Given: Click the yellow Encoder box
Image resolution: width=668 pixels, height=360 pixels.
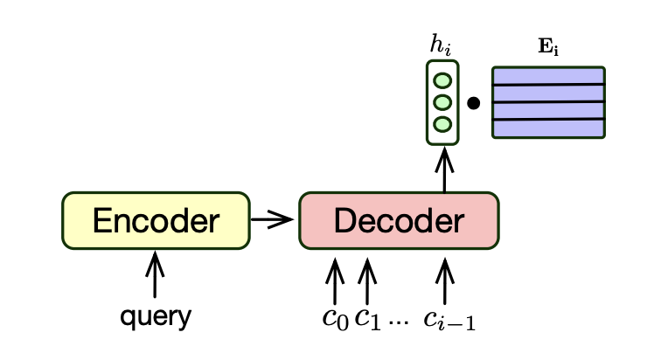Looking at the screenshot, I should [x=155, y=222].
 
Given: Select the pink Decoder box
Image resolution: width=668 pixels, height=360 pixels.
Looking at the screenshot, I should [x=399, y=222].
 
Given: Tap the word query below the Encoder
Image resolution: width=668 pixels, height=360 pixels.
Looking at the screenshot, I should [x=155, y=316].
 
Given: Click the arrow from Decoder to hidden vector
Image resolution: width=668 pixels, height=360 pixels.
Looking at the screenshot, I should [x=444, y=169].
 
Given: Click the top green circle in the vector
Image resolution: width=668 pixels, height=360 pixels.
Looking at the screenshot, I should [x=442, y=81].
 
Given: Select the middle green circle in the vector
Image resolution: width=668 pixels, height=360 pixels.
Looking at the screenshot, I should [x=442, y=102].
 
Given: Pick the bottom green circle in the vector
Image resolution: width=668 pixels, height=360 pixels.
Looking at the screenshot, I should [x=442, y=124].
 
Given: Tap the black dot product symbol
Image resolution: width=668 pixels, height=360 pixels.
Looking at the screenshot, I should [x=473, y=103].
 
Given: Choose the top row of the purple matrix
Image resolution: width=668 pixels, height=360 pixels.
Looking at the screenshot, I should [x=548, y=76].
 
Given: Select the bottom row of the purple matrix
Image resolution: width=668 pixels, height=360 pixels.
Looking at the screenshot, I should [x=548, y=128].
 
